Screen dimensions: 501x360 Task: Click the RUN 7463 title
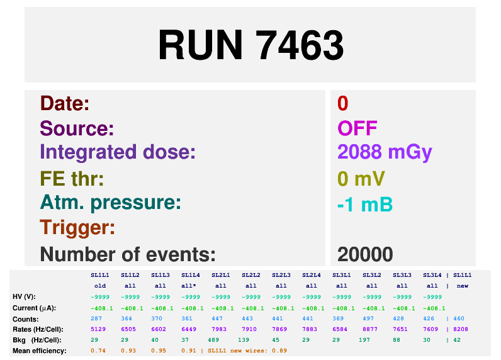[251, 45]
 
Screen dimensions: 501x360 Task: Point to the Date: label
[65, 103]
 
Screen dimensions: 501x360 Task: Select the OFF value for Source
[357, 128]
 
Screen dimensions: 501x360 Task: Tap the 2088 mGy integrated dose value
[385, 152]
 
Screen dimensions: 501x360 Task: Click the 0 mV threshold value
[361, 178]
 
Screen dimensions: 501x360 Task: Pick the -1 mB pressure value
[365, 205]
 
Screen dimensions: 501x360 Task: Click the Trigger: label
[77, 227]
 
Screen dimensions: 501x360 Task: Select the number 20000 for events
[365, 254]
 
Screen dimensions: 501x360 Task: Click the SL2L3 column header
[281, 275]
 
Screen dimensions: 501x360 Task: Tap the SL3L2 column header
[371, 275]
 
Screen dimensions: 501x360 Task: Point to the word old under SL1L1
[100, 286]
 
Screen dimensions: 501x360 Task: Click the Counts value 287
[96, 318]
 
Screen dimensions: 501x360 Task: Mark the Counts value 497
[368, 318]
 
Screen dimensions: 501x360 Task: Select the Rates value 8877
[370, 329]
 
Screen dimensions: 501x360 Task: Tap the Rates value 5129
[98, 329]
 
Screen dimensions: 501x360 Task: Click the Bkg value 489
[213, 340]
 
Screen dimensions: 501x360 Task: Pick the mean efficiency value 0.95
[159, 351]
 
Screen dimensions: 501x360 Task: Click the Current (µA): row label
[34, 308]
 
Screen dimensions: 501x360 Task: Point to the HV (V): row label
[25, 297]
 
